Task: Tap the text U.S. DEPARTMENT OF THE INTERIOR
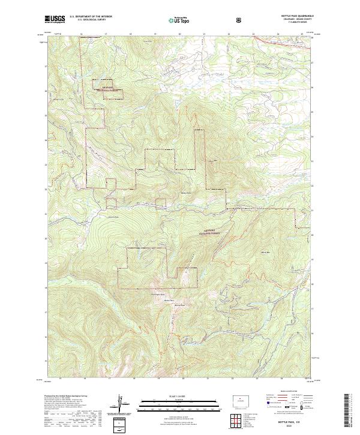click(91, 17)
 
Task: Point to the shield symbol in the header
click(240, 20)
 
